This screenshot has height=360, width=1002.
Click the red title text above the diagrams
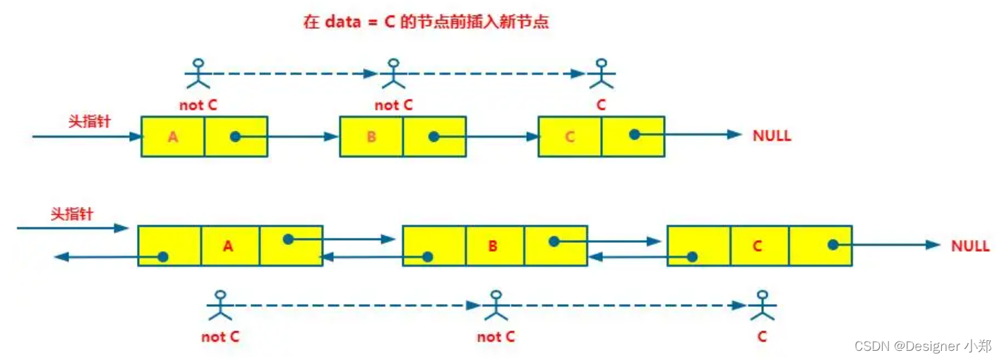[426, 22]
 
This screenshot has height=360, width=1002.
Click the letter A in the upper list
[173, 137]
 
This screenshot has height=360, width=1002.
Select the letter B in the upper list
[371, 137]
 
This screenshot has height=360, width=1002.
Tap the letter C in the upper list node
[570, 137]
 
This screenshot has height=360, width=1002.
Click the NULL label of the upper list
[772, 136]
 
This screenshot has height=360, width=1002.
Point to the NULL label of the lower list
[970, 246]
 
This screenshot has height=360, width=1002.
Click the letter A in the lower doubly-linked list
[227, 246]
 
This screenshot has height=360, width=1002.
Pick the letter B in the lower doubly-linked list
[493, 246]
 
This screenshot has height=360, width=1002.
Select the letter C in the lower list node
[758, 246]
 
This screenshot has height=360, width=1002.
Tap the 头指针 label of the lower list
[72, 214]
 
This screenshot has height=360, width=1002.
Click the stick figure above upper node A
[198, 73]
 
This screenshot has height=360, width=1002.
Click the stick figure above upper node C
[601, 73]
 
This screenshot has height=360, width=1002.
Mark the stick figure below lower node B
[496, 306]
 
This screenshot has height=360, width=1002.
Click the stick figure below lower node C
[761, 306]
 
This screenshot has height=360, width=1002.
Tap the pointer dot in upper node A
[235, 137]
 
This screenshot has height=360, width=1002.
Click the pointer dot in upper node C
[635, 133]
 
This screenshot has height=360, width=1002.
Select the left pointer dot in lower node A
[163, 257]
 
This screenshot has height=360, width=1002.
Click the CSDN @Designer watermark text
[922, 346]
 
